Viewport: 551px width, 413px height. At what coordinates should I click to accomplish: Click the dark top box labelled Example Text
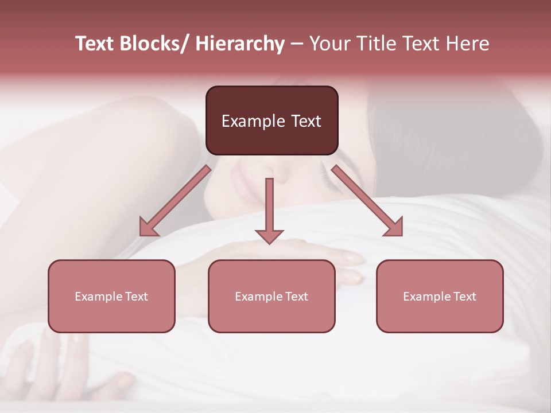pyautogui.click(x=271, y=120)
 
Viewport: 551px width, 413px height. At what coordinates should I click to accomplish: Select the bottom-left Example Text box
pyautogui.click(x=111, y=296)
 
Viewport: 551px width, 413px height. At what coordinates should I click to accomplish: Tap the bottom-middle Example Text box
pyautogui.click(x=271, y=296)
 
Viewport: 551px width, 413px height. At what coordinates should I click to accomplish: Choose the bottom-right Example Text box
pyautogui.click(x=440, y=296)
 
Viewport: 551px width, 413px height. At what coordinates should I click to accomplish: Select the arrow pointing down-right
pyautogui.click(x=368, y=201)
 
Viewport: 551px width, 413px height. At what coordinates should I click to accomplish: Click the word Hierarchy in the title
pyautogui.click(x=240, y=44)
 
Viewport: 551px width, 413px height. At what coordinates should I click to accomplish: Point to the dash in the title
pyautogui.click(x=297, y=45)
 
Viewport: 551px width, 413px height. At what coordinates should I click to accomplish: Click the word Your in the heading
pyautogui.click(x=328, y=44)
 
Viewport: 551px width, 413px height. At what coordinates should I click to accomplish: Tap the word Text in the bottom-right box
pyautogui.click(x=463, y=296)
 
